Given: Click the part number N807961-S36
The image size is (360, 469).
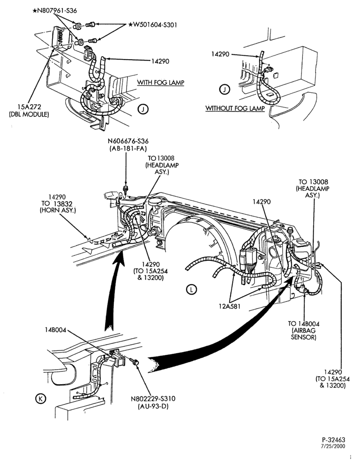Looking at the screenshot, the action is point(55,11).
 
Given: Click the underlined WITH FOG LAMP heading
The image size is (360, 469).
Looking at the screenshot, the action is point(161,83).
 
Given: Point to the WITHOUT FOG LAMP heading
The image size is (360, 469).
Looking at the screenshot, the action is point(235,108).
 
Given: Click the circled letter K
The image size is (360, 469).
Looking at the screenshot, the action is point(40,398).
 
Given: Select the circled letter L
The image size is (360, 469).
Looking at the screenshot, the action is point(191,289).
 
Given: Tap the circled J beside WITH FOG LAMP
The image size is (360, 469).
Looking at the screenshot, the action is point(143,109).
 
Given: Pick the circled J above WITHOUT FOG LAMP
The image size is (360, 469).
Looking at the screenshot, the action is point(224,89).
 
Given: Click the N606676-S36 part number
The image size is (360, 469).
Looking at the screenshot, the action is point(128,141).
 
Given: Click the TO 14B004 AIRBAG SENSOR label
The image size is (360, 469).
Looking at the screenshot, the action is point(304,331).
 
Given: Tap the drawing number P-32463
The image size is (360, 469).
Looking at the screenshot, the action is point(333,440).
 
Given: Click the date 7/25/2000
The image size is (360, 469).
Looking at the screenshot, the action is point(333,446).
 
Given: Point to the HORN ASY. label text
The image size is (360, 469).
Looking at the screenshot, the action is point(58,210).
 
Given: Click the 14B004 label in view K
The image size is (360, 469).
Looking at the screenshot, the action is point(56,330).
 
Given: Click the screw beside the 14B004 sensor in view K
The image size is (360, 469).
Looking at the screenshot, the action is point(135,362).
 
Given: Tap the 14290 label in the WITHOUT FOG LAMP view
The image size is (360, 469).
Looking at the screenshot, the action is point(220,54).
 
